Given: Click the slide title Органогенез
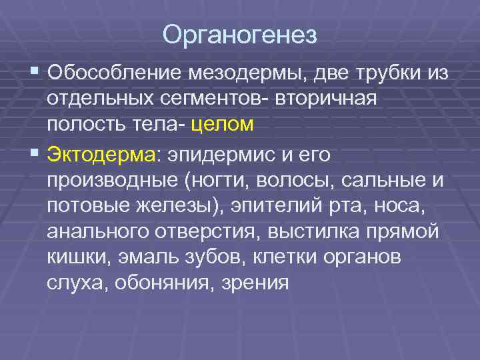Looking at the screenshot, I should (x=239, y=35).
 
